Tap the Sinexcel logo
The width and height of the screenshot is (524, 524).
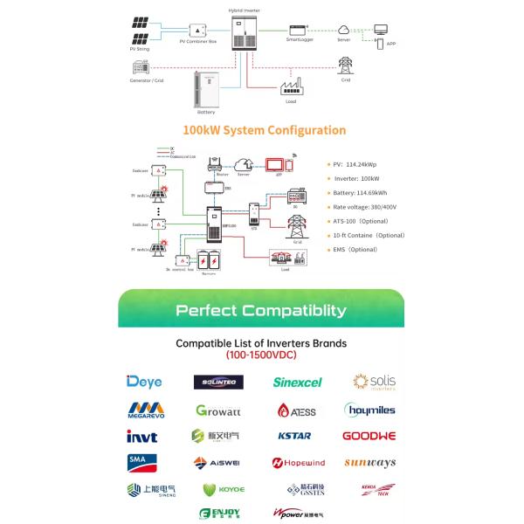coord(297,382)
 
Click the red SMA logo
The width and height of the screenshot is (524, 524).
coord(139,462)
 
